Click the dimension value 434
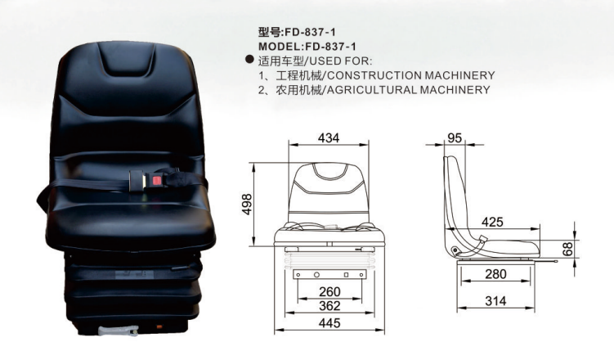(x=329, y=138)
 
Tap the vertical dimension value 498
(x=247, y=204)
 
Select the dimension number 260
(x=329, y=291)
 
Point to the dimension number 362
(x=329, y=305)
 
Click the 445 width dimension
(x=329, y=323)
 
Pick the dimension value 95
(x=455, y=138)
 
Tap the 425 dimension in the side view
(x=492, y=222)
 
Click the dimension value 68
(x=567, y=249)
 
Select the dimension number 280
(x=495, y=274)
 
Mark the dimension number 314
(x=495, y=301)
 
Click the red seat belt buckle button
(x=157, y=181)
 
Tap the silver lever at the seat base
(x=119, y=331)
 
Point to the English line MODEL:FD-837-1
(x=307, y=46)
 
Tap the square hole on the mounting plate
(x=346, y=275)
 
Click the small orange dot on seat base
(x=159, y=326)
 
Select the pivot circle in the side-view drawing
(x=455, y=250)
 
